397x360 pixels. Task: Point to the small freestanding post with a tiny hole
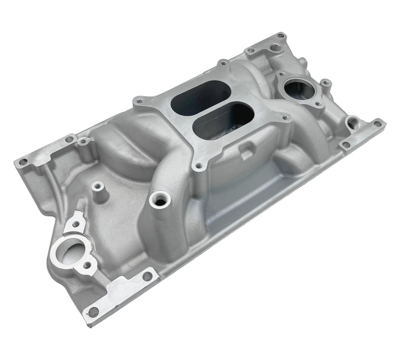[99, 187]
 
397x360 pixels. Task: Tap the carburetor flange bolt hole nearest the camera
[199, 166]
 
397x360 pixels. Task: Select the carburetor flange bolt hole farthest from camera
[223, 64]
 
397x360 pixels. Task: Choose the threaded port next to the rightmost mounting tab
[353, 123]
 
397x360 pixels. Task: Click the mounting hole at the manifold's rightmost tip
[377, 124]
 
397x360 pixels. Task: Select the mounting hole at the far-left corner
[23, 162]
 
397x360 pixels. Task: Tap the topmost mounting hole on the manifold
[281, 36]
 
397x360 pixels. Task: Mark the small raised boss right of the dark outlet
[326, 83]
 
